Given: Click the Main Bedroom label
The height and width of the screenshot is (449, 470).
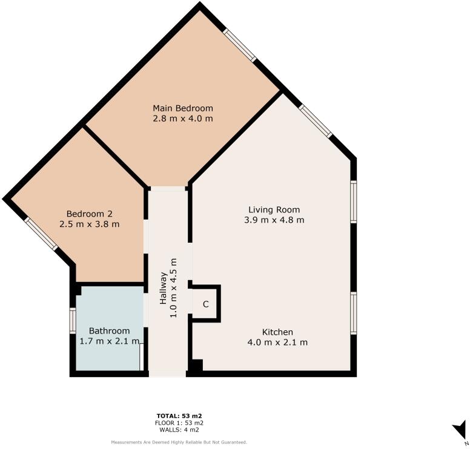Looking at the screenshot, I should point(182,108).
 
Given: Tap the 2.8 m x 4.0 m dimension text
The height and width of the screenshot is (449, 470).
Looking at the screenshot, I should point(182,119).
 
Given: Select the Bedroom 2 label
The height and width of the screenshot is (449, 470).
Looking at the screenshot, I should point(89,214).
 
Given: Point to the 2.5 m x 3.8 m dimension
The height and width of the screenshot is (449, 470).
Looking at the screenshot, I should point(89,224).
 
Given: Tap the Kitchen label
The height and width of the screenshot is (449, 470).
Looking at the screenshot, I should point(277,332).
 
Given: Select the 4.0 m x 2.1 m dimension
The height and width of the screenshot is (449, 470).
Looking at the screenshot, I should point(277,342).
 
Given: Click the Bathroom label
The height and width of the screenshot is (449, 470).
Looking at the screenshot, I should point(109,331).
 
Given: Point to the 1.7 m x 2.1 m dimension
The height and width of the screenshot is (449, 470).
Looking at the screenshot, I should point(110,341).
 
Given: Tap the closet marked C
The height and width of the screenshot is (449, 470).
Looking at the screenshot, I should point(205,304).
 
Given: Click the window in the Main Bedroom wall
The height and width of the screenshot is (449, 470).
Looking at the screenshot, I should point(239,45).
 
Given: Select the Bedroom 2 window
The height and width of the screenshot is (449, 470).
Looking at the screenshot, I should point(41,234).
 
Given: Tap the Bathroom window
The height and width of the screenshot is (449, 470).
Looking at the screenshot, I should point(72,320).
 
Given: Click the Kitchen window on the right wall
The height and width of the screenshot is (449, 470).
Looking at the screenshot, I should point(354,312).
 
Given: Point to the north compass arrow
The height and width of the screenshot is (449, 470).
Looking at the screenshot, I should point(459,430).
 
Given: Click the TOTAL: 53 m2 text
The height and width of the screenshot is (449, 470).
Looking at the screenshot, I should point(179,416).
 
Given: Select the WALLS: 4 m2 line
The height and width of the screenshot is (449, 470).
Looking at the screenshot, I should point(179,430).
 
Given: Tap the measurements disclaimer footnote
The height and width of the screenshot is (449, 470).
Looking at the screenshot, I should point(179,442).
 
